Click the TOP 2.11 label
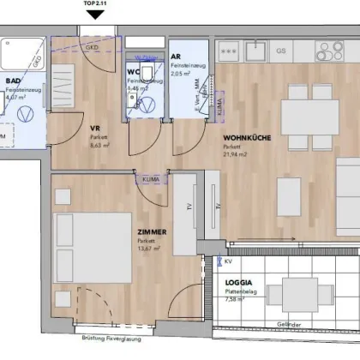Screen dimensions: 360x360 pos(96,3)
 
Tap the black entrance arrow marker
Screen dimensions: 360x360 pos(96,14)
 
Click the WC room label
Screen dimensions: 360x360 pos(134,72)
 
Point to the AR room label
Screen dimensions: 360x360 pos(177,54)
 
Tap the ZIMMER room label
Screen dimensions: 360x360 pos(150,231)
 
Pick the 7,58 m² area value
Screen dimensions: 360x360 pos(235,299)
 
